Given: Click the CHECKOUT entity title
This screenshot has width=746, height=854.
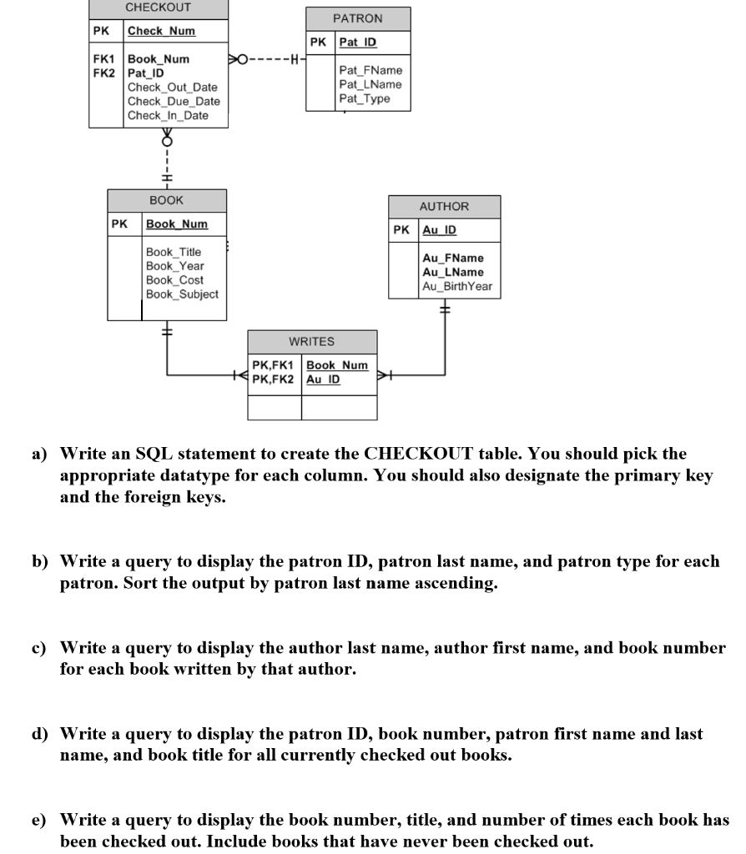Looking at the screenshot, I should coord(158,8).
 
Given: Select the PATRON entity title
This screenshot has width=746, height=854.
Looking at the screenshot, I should coord(357,18).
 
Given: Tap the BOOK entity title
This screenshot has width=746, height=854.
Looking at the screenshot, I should coord(167,201).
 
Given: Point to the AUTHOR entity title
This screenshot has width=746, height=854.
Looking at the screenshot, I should coord(444,207).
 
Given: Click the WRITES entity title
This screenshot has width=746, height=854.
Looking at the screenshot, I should coord(311,341).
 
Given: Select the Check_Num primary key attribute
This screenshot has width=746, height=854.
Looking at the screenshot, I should coord(161,32).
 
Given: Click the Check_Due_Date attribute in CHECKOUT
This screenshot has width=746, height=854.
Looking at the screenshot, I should coord(174,102).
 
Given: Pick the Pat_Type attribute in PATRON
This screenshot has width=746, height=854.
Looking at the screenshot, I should coord(364,98).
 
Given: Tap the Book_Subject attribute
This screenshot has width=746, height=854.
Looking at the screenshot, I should coord(182,294).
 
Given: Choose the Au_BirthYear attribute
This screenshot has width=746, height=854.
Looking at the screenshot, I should coord(457,286).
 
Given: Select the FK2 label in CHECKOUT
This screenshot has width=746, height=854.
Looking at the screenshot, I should coord(103,73).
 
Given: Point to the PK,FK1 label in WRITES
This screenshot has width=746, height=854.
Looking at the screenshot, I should coord(273,365).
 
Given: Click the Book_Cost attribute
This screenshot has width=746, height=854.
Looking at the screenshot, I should coord(174,279).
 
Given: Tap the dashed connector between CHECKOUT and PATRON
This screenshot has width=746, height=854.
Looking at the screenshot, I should coord(267,59).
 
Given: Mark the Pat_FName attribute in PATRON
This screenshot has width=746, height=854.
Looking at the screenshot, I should coord(370,70).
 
